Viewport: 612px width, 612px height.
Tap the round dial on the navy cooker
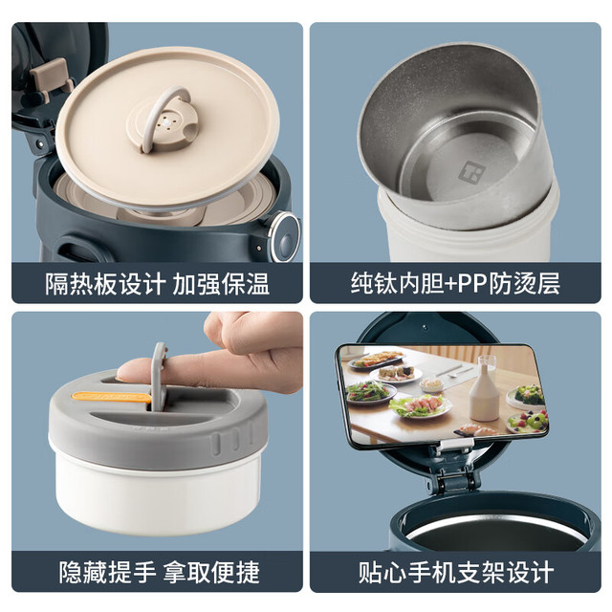pyautogui.click(x=285, y=236)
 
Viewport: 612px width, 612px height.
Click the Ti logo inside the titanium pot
pyautogui.click(x=470, y=172)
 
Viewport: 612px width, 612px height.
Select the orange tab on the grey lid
pyautogui.click(x=111, y=397)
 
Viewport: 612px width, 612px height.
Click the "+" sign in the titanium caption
pyautogui.click(x=450, y=284)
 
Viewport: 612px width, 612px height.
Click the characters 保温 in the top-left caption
pyautogui.click(x=245, y=283)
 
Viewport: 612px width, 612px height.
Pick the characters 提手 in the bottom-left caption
pyautogui.click(x=132, y=573)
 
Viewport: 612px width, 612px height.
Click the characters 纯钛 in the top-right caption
pyautogui.click(x=374, y=283)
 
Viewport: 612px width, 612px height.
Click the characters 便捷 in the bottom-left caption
pyautogui.click(x=235, y=573)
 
